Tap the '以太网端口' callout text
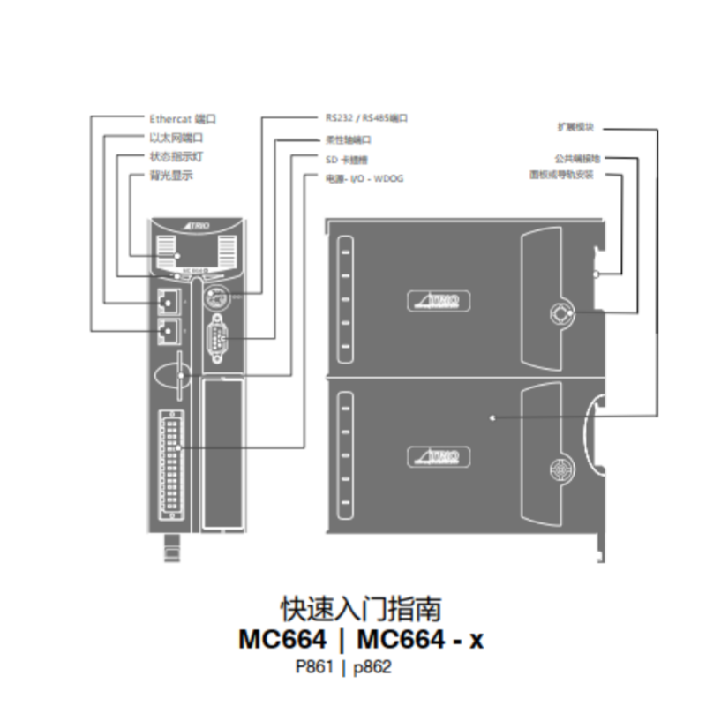176,137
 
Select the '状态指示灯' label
176,156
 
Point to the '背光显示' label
171,175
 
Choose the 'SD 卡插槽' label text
345,159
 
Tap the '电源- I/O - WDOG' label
363,178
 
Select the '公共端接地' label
577,159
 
